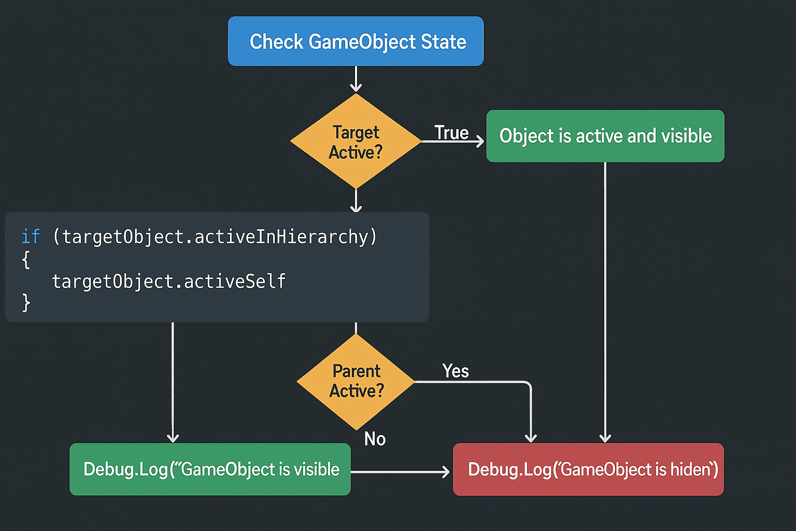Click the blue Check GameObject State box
click(x=356, y=41)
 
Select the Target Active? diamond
click(x=356, y=141)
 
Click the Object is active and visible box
click(x=605, y=136)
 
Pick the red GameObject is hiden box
click(x=588, y=469)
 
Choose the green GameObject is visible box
click(x=210, y=469)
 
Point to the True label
click(x=451, y=133)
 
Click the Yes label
click(x=456, y=371)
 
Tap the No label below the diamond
click(x=375, y=439)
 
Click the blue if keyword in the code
click(x=30, y=236)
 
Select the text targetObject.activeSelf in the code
click(x=168, y=281)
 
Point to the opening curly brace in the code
click(x=26, y=259)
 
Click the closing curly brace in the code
click(x=26, y=303)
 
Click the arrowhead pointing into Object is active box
click(x=480, y=141)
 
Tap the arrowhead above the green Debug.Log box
click(x=173, y=438)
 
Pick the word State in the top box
click(x=443, y=41)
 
